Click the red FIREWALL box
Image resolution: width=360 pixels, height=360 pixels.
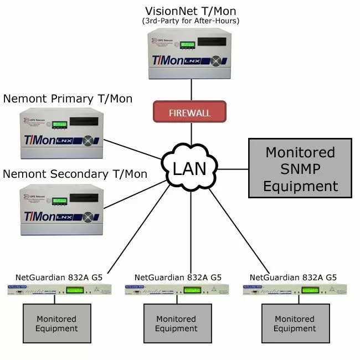point(189,112)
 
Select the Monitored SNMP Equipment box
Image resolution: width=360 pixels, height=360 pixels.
point(300,169)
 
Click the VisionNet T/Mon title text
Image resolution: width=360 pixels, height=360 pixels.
point(190,11)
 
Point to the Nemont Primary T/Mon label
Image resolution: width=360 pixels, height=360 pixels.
point(68,99)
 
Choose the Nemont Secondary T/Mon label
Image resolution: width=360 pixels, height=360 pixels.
point(75,174)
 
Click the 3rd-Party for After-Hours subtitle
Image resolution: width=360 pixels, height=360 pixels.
point(190,22)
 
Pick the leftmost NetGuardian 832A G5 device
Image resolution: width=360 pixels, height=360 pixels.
point(60,289)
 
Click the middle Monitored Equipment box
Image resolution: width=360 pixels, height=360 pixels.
point(176,324)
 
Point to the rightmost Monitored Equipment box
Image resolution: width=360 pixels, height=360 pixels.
point(295,324)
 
